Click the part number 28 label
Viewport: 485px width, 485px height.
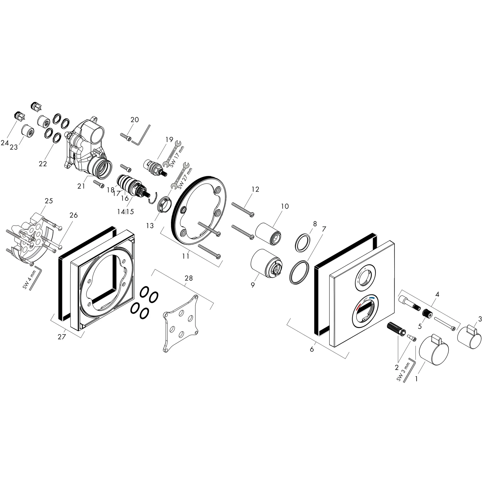189,278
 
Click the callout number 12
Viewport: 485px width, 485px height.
255,189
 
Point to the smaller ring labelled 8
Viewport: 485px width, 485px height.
302,242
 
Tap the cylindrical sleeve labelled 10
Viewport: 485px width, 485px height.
268,234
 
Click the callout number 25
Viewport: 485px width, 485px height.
49,201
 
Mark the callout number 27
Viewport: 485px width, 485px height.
62,337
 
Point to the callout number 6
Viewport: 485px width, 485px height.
312,349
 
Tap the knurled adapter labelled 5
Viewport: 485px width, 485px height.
427,313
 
